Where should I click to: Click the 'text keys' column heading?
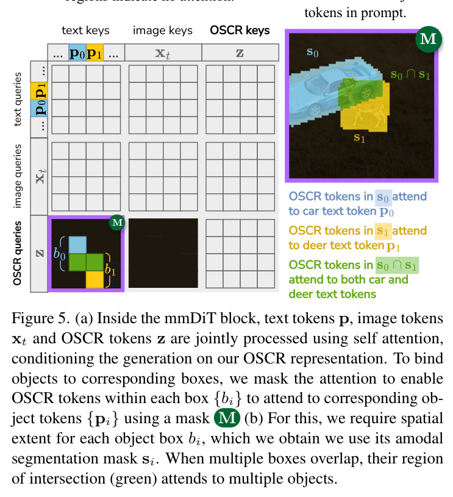click(85, 30)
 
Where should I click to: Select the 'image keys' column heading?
click(163, 30)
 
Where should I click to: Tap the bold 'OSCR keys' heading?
click(240, 30)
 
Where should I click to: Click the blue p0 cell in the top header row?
click(77, 52)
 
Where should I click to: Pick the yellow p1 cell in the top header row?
click(95, 52)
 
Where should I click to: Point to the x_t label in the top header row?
click(163, 53)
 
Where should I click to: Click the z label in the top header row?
click(240, 52)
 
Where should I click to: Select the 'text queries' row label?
click(18, 99)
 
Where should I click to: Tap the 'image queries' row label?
click(18, 176)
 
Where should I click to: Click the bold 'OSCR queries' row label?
click(18, 254)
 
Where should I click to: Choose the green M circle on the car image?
click(429, 39)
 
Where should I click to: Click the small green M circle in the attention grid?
click(117, 223)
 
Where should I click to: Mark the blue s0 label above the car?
click(313, 52)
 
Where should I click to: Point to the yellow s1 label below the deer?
click(360, 138)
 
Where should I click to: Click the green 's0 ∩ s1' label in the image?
click(410, 74)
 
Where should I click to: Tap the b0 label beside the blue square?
click(59, 254)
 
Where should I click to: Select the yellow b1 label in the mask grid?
click(110, 270)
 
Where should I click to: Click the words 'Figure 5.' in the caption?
click(41, 318)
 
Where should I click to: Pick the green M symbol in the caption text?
click(227, 418)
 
